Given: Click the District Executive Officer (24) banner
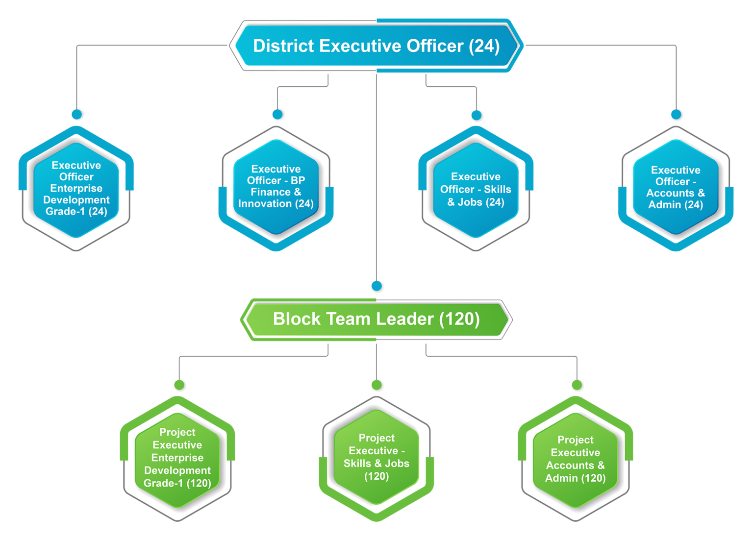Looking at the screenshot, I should tap(376, 46).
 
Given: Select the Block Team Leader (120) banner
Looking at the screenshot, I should tap(376, 319).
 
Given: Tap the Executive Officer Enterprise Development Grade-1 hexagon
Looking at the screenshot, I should tap(76, 189).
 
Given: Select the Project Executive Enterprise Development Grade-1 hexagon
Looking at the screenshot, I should tap(177, 458).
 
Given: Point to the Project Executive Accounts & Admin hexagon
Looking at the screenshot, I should tap(576, 459).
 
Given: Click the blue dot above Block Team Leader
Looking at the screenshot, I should tap(377, 287).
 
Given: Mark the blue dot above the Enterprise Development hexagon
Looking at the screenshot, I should tap(77, 114).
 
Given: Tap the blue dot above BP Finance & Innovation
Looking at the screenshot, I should tap(278, 114).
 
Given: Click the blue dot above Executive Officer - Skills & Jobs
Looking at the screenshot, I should tap(477, 116).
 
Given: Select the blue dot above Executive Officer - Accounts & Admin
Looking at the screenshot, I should tap(677, 115).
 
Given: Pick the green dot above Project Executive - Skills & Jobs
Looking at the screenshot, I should tap(377, 386).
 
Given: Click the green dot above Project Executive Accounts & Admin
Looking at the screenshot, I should tap(577, 385).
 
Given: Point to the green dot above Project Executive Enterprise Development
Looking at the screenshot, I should tap(180, 385).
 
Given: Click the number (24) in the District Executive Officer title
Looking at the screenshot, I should tap(484, 46).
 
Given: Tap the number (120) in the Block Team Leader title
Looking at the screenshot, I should tap(459, 319).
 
